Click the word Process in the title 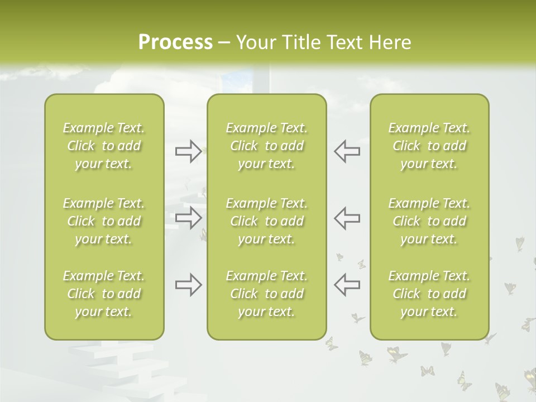(175, 42)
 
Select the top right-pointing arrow (188, 151)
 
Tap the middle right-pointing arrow (188, 217)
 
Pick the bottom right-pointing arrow (188, 285)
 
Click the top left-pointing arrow (347, 151)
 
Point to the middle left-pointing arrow (347, 217)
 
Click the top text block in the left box (104, 146)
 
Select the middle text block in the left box (104, 221)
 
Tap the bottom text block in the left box (104, 294)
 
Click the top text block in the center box (266, 146)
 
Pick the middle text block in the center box (266, 221)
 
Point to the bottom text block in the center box (266, 294)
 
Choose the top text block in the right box (429, 146)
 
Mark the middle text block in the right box (429, 221)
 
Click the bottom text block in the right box (429, 294)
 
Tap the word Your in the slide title (255, 42)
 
